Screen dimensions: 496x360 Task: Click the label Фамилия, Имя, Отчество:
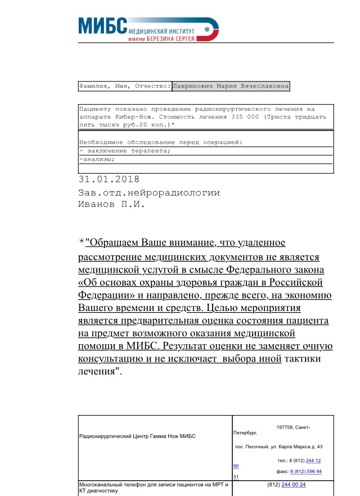(x=124, y=87)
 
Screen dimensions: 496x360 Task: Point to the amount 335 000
(x=245, y=117)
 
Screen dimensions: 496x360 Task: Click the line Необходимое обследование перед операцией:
(x=160, y=142)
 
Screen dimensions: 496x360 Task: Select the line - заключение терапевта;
(x=124, y=151)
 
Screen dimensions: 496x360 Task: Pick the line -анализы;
(x=98, y=159)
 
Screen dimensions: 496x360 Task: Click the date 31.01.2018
(x=109, y=180)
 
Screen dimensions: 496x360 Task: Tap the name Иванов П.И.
(x=111, y=205)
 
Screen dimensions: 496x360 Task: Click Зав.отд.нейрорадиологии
(x=148, y=192)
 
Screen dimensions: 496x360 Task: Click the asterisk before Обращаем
(x=82, y=242)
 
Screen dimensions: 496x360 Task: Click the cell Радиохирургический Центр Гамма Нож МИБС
(x=137, y=436)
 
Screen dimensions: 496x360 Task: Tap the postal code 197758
(x=287, y=427)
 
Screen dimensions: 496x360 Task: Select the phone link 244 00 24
(x=294, y=484)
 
